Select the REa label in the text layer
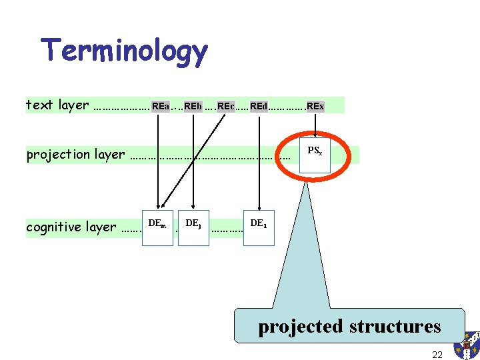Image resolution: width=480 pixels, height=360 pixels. click(x=160, y=106)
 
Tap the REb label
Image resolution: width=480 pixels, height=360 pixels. click(x=193, y=106)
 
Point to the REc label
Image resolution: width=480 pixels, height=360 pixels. click(x=225, y=106)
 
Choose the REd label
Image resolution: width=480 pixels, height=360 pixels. click(x=259, y=106)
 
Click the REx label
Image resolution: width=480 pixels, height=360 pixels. click(x=315, y=106)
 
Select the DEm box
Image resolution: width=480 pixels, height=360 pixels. click(x=158, y=227)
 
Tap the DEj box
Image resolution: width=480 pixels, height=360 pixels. click(x=193, y=227)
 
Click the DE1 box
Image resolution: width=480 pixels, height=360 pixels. click(x=259, y=227)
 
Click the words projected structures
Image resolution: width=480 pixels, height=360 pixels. click(x=349, y=326)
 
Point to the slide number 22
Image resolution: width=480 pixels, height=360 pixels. click(x=437, y=355)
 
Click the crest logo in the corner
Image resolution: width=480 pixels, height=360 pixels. click(x=467, y=345)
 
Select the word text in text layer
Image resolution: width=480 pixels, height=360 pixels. click(x=38, y=105)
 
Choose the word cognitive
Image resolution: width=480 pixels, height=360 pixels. click(x=53, y=227)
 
